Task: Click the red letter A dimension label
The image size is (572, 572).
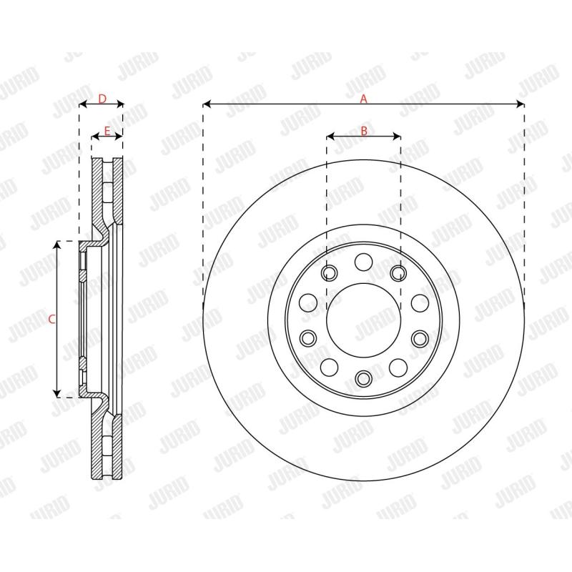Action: point(363,99)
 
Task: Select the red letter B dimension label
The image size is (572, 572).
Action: point(363,130)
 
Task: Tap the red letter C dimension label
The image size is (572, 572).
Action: point(51,320)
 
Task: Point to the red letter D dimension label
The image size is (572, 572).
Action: point(102,99)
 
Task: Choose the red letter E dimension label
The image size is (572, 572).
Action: point(107,130)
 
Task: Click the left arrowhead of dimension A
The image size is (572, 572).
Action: point(207,104)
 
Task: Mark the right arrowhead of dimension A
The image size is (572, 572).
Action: point(521,104)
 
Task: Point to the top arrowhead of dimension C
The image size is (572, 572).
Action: point(56,245)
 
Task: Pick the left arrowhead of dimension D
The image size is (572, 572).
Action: point(82,104)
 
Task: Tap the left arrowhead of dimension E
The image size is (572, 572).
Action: point(95,136)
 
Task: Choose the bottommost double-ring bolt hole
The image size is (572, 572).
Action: point(363,378)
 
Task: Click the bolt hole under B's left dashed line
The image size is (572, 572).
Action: point(329,272)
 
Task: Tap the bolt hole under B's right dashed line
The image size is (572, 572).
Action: point(398,272)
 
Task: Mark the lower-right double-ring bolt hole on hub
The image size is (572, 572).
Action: point(419,337)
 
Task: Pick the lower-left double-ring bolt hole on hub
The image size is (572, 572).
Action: point(307,337)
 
